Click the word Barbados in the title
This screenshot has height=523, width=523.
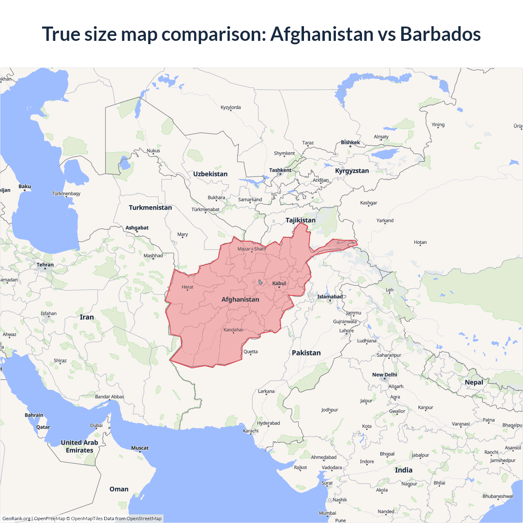tap(440, 34)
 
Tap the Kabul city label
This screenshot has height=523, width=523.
tap(279, 283)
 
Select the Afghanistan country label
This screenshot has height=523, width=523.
tap(240, 299)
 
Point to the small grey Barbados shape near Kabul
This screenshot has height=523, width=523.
tap(260, 282)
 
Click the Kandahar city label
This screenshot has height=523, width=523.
tap(233, 330)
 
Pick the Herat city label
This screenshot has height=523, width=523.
tap(188, 287)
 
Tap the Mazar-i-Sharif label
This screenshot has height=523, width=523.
tap(252, 249)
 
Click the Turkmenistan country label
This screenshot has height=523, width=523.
tap(150, 208)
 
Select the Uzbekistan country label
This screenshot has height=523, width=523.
tap(210, 174)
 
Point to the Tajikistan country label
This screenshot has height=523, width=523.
tap(300, 220)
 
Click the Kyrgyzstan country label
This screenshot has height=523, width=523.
tap(352, 171)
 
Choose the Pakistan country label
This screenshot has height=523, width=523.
tap(306, 353)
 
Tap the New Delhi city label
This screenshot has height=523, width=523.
tap(384, 375)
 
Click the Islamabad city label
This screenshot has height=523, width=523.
tap(330, 297)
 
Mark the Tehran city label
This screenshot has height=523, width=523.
tap(45, 265)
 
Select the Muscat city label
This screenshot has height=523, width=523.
tap(140, 448)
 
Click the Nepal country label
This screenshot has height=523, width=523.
tap(474, 382)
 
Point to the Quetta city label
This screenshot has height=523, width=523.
tap(250, 352)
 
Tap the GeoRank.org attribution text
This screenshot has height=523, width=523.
tap(16, 519)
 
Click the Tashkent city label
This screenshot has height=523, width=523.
tap(280, 170)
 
